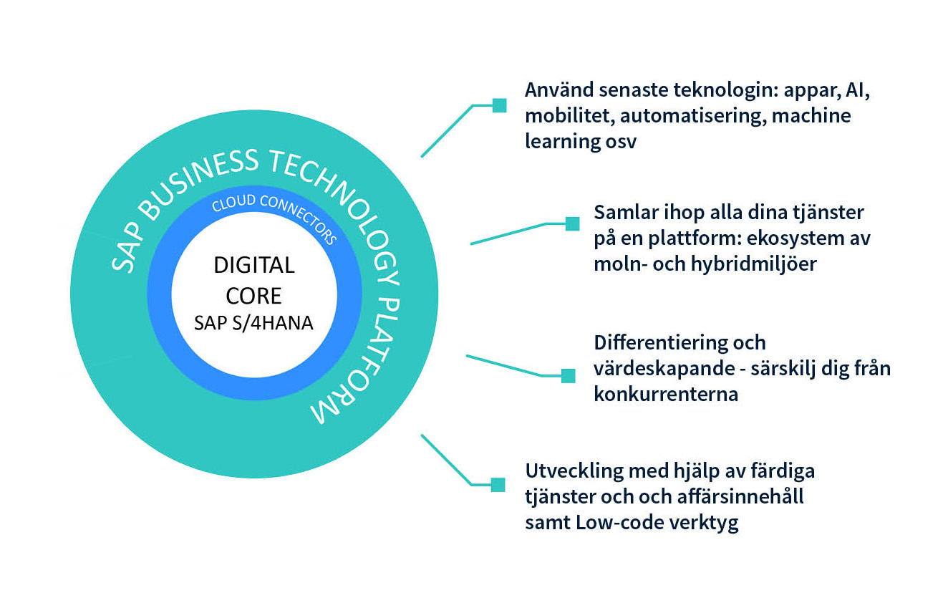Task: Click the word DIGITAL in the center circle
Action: [254, 266]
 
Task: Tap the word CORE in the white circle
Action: [254, 295]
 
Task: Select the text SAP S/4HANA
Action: [254, 323]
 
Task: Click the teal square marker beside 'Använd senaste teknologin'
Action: [499, 106]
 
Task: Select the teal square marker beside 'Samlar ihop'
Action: [573, 224]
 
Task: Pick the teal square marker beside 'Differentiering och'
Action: [568, 375]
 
